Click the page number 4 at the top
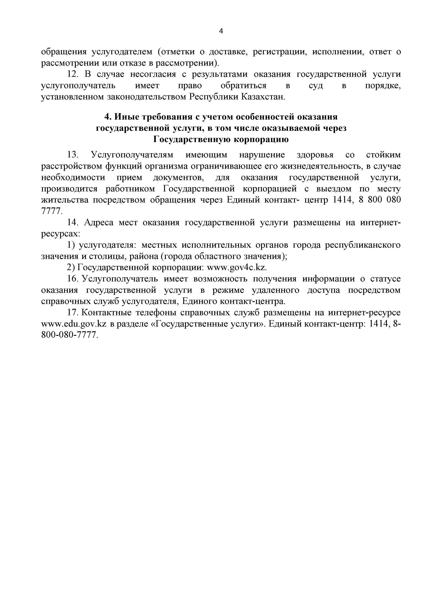coord(221,31)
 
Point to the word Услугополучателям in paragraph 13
coord(132,155)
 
